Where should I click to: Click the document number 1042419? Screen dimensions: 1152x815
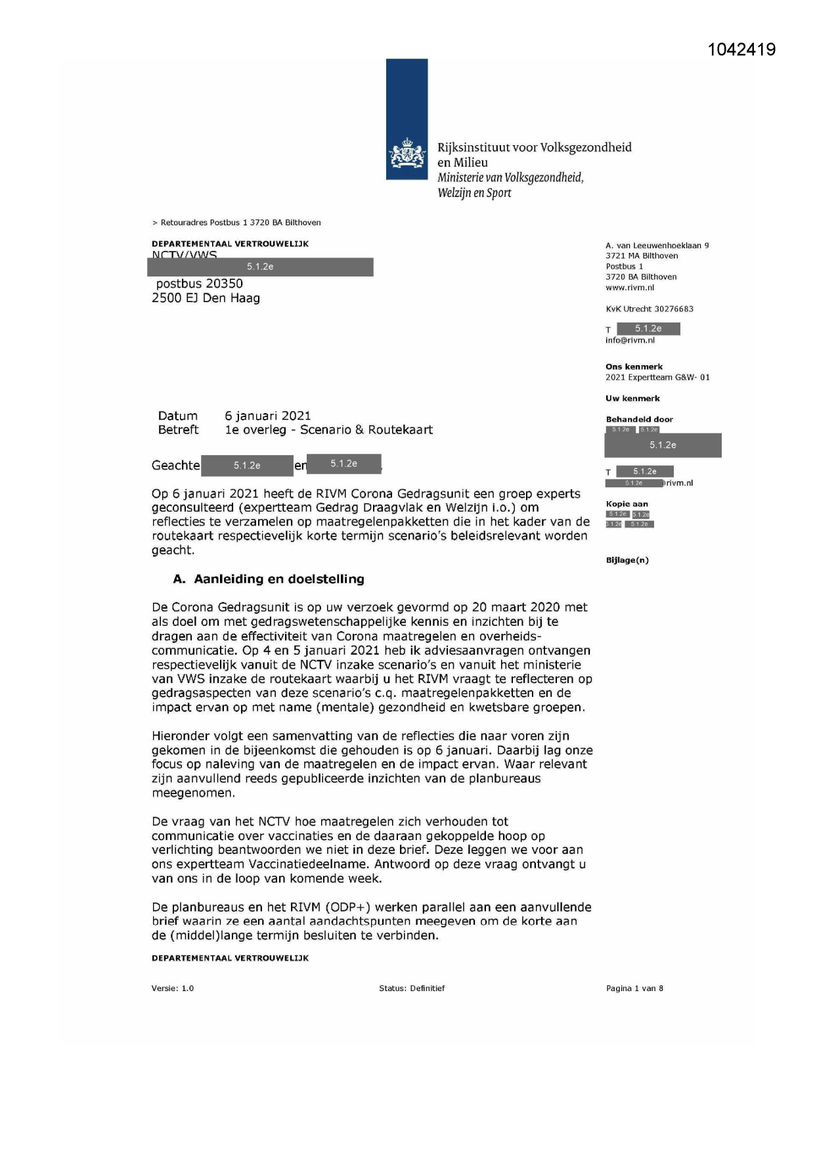(x=741, y=50)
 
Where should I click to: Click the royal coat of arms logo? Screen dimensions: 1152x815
(x=407, y=155)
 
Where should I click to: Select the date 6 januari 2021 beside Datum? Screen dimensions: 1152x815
(x=267, y=416)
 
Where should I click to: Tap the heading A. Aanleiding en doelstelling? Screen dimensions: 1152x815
(x=268, y=579)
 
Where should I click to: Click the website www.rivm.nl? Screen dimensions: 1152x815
(x=630, y=288)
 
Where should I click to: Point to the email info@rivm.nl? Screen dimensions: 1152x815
(x=630, y=340)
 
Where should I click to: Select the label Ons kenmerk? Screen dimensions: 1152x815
(x=634, y=366)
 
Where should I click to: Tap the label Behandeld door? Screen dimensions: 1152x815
(x=639, y=419)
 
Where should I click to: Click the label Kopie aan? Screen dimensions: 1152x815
(x=627, y=504)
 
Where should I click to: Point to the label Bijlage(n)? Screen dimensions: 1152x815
(x=627, y=560)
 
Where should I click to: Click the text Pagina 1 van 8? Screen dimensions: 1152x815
(x=634, y=988)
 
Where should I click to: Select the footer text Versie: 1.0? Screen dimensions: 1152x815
(x=173, y=988)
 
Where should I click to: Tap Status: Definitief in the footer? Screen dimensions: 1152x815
(x=412, y=988)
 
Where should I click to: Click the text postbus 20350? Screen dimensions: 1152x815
(x=199, y=284)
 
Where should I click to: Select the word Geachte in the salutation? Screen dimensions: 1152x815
(x=175, y=465)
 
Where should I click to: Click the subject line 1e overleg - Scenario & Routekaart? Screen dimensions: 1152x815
(x=328, y=430)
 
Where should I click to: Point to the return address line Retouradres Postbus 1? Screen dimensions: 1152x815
(x=240, y=223)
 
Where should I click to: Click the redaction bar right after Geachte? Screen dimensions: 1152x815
(x=247, y=465)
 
